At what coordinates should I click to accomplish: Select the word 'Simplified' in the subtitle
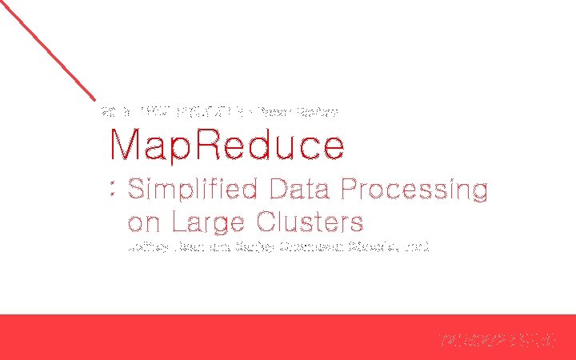point(193,190)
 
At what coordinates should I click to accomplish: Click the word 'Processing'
point(414,190)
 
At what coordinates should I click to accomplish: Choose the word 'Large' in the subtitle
point(205,222)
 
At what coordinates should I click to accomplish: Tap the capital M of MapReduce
point(126,146)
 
